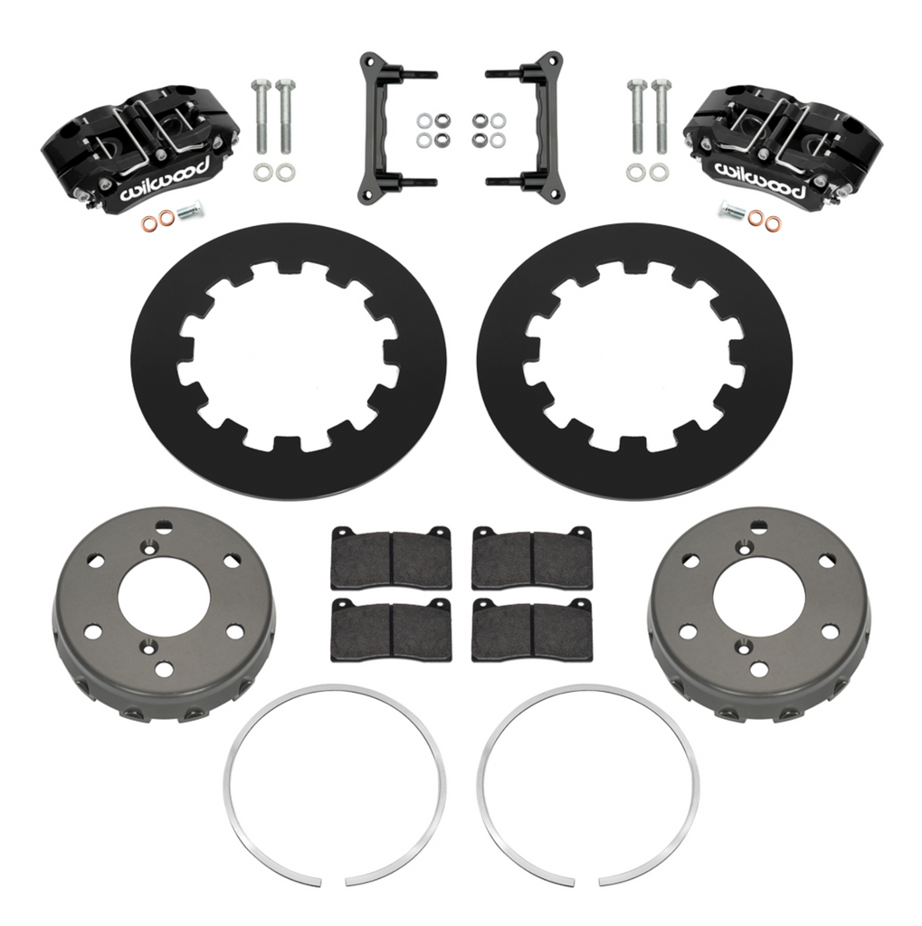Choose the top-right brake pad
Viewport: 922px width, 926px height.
click(532, 555)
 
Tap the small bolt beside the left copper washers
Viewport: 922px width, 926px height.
click(189, 216)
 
